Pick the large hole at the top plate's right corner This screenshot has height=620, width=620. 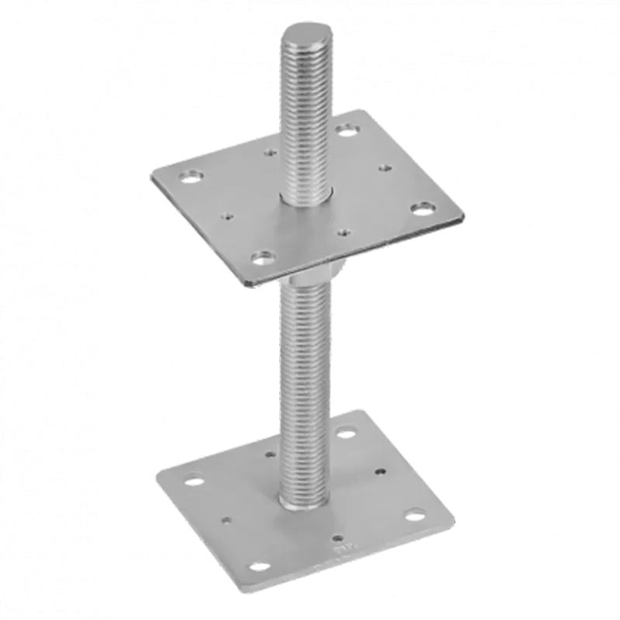point(422,207)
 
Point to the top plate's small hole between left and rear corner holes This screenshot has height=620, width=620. point(270,152)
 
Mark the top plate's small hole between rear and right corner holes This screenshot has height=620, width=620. point(384,167)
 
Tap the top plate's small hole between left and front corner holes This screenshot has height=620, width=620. point(227,216)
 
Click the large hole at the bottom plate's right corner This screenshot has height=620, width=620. point(417,514)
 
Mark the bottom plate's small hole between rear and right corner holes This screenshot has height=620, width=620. point(381,470)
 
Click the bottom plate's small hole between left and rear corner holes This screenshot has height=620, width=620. point(270,455)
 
